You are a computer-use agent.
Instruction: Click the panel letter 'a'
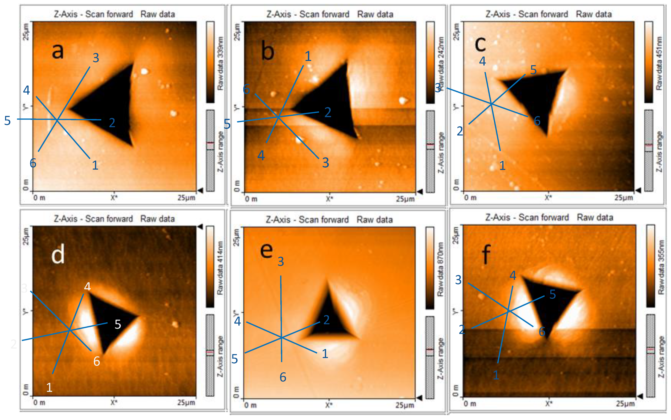point(58,51)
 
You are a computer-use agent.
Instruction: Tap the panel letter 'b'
point(268,52)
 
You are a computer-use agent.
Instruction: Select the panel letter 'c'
point(480,44)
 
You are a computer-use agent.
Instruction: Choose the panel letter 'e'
point(266,250)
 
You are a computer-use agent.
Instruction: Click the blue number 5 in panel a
point(8,121)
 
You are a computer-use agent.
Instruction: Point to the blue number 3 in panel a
point(96,58)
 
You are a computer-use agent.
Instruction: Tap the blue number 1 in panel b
point(308,56)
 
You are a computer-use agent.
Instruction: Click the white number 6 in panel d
point(96,361)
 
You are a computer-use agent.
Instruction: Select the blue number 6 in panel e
point(283,377)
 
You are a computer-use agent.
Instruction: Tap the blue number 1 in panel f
point(496,375)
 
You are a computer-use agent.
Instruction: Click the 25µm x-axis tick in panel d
point(186,402)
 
